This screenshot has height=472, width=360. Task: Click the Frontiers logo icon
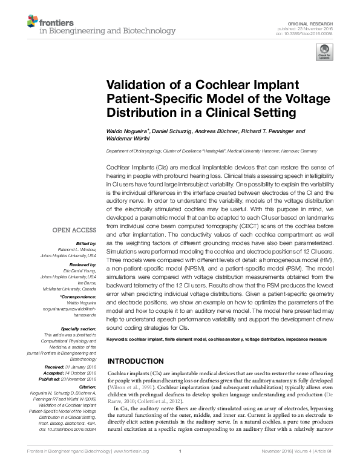(x=32, y=22)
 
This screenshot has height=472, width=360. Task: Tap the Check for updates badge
(x=324, y=53)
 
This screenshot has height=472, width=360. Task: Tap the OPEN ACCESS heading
(x=74, y=230)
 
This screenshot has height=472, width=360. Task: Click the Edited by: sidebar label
(x=87, y=243)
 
